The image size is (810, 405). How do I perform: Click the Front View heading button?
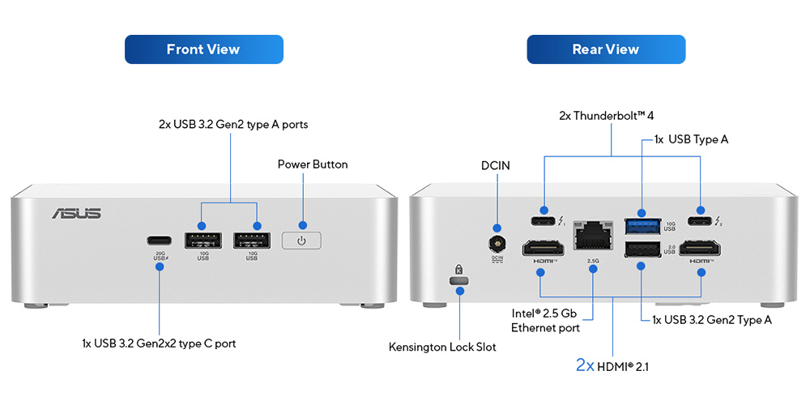pos(203,49)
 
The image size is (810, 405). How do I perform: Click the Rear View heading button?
pos(606,49)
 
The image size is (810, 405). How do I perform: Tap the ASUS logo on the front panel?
pos(77,213)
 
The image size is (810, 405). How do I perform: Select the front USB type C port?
pos(160,241)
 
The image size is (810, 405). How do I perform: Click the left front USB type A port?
pos(203,241)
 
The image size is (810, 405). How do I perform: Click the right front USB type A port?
pos(253,241)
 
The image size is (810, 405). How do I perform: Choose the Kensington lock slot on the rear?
pos(458,280)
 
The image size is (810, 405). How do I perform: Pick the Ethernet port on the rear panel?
pos(592,236)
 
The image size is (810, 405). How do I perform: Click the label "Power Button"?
pos(313,164)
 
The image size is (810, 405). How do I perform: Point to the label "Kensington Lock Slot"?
pos(442,347)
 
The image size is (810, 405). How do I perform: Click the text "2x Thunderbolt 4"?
pos(607,116)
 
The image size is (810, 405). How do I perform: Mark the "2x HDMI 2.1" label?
pos(612,366)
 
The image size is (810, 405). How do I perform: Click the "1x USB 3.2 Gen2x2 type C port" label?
pos(159,343)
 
